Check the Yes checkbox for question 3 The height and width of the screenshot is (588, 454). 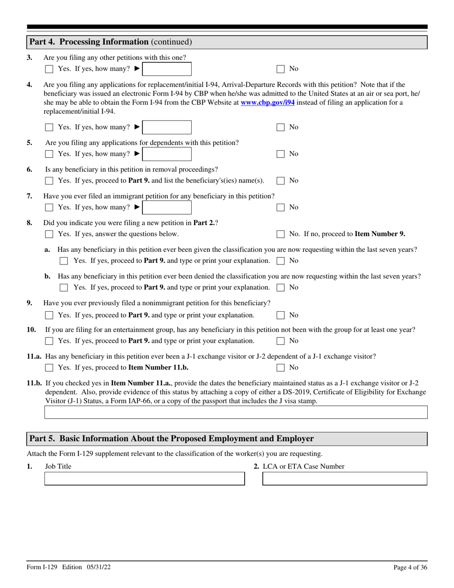pyautogui.click(x=49, y=69)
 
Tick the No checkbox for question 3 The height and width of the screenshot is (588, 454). pyautogui.click(x=281, y=69)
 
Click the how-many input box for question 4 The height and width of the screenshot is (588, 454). pyautogui.click(x=167, y=127)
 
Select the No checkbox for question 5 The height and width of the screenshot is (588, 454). pyautogui.click(x=281, y=154)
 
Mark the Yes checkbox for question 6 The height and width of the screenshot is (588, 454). pyautogui.click(x=49, y=181)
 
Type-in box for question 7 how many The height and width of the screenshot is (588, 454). pyautogui.click(x=167, y=207)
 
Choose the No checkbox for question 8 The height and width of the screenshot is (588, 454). pyautogui.click(x=281, y=234)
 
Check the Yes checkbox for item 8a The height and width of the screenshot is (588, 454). pyautogui.click(x=64, y=261)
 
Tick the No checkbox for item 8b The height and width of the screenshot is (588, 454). pyautogui.click(x=281, y=288)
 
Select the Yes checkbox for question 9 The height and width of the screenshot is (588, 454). pyautogui.click(x=49, y=316)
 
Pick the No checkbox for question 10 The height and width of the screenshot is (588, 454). pyautogui.click(x=281, y=341)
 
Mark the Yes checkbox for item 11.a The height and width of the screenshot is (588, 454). pyautogui.click(x=49, y=368)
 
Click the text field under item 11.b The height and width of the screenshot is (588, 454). pyautogui.click(x=236, y=413)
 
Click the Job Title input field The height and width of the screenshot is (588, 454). pyautogui.click(x=144, y=479)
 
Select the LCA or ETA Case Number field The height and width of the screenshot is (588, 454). pyautogui.click(x=345, y=479)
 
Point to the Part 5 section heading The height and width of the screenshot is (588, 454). pyautogui.click(x=172, y=439)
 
